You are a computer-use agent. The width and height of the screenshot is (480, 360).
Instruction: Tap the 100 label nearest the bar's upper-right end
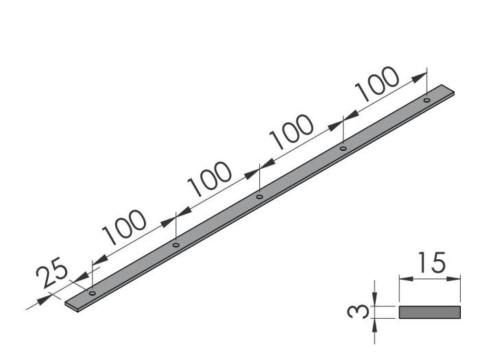376,84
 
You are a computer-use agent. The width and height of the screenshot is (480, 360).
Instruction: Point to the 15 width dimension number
430,263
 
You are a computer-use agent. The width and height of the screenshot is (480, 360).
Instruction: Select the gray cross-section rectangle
429,312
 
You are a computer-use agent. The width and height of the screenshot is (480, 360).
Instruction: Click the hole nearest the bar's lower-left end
92,293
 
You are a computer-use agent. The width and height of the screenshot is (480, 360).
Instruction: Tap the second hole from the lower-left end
176,245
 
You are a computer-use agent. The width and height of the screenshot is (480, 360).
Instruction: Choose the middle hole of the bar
259,197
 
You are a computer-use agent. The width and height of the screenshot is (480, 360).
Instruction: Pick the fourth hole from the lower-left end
343,148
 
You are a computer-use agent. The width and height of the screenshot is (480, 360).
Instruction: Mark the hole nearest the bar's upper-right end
427,100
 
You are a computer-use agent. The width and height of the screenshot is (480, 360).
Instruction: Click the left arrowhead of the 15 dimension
403,278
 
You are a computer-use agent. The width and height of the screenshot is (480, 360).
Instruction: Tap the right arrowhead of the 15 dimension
455,278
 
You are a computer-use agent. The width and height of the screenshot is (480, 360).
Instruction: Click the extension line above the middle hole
259,180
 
